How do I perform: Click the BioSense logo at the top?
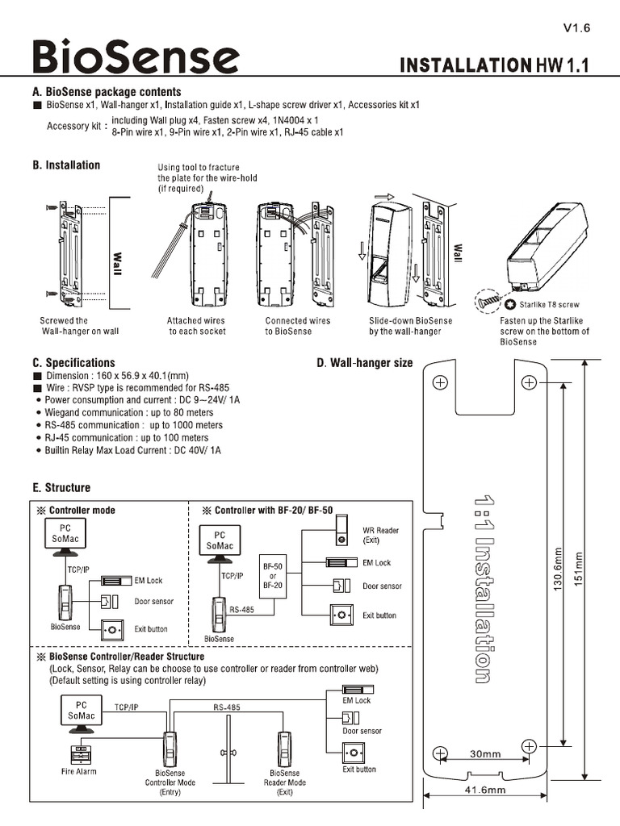(136, 58)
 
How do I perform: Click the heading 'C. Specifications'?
(73, 363)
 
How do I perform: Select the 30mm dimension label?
(484, 754)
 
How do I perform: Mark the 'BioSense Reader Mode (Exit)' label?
(284, 782)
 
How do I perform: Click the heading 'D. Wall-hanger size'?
(366, 363)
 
